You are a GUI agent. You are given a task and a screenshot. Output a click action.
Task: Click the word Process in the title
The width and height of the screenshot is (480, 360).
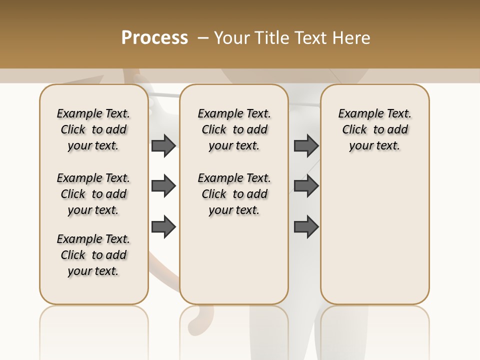[x=154, y=37]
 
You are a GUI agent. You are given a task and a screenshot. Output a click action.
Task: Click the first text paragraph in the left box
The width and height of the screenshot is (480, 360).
[x=93, y=129]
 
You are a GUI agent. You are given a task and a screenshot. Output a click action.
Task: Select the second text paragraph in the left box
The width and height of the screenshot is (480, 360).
[x=93, y=194]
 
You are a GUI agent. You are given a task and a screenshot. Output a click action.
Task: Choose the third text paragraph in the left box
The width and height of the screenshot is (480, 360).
[x=93, y=255]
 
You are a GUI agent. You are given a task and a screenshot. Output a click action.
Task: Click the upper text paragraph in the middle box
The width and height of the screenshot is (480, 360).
[x=234, y=129]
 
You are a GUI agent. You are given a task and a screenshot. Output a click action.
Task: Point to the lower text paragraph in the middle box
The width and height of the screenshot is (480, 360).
[x=234, y=194]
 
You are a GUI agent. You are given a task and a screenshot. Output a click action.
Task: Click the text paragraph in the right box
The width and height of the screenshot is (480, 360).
[x=374, y=129]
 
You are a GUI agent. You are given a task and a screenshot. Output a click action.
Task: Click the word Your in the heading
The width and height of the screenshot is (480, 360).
[x=231, y=38]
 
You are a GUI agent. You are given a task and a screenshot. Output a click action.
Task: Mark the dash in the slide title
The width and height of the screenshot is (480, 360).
[x=203, y=38]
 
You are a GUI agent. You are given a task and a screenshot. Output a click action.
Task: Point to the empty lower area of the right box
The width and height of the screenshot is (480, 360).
[x=374, y=235]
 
